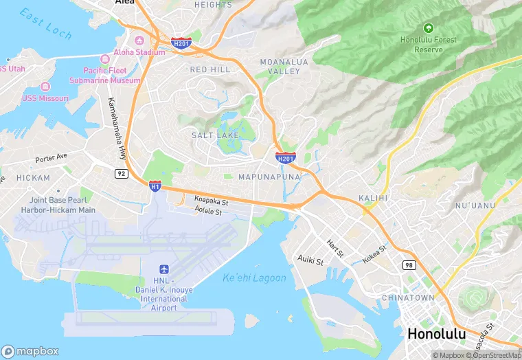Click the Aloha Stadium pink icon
click(139, 38)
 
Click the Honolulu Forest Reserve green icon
click(429, 28)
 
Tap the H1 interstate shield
click(155, 185)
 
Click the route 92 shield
click(122, 174)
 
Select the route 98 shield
click(409, 265)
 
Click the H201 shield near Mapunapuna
click(286, 158)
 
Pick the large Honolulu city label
click(436, 334)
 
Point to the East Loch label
click(45, 22)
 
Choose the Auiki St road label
click(310, 258)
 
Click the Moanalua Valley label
click(280, 67)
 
